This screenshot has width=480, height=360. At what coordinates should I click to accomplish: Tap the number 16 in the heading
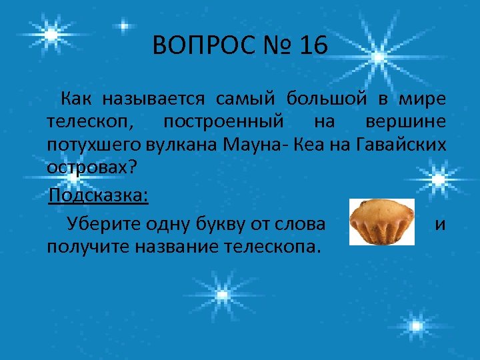click(314, 47)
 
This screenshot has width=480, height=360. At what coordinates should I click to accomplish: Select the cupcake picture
click(381, 221)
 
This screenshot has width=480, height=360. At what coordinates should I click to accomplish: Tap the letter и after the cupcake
click(440, 225)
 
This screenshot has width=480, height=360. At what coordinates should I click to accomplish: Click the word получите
click(87, 247)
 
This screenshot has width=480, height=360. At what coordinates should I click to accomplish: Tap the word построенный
click(223, 123)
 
